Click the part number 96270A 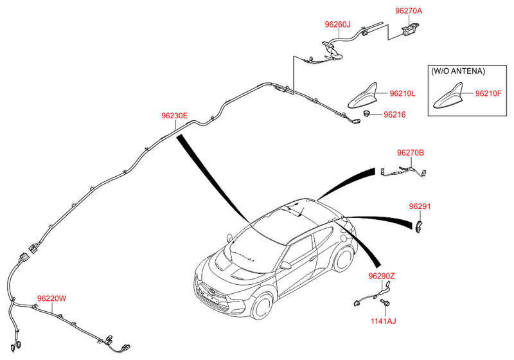coord(409,11)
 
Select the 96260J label coord(337,24)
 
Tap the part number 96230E coord(174,116)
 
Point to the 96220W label coord(52,298)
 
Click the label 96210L coord(402,93)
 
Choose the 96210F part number coord(488,93)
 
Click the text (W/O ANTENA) coord(457,71)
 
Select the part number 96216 coord(394,115)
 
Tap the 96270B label coord(411,153)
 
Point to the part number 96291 coord(420,206)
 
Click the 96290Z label coord(381,276)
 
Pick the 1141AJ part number coord(383,321)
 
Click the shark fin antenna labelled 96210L coord(363,96)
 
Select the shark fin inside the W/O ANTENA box coord(448,96)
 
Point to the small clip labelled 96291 coord(419,226)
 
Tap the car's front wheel coord(263,307)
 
